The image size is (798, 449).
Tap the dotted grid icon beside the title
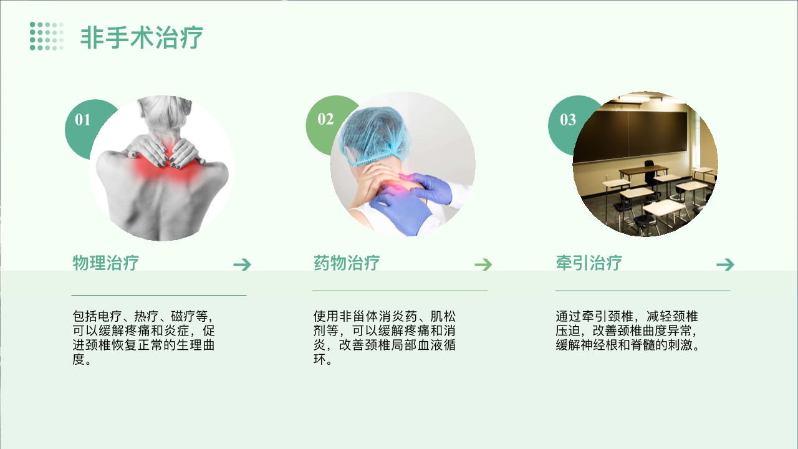(47, 36)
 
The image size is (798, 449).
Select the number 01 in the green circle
(83, 120)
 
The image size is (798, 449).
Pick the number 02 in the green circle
(325, 119)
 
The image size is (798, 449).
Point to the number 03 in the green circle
(568, 120)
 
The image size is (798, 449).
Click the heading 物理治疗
(106, 263)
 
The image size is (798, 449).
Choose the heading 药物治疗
(347, 263)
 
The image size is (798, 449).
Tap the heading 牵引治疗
(589, 263)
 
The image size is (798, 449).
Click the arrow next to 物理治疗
(243, 264)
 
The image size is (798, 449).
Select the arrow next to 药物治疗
(483, 264)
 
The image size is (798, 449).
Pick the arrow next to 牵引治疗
(725, 264)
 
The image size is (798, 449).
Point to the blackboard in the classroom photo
(630, 135)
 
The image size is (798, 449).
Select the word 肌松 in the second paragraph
(443, 316)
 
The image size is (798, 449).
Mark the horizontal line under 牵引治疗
(643, 291)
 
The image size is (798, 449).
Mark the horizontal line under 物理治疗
(159, 295)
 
